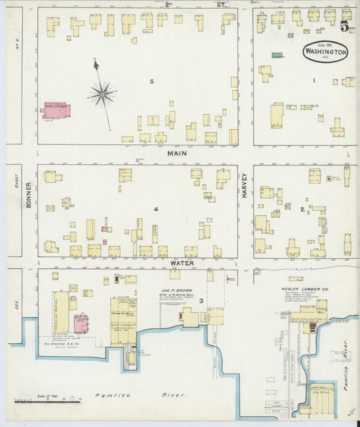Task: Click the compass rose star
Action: (102, 94)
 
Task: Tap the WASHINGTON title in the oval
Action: (327, 52)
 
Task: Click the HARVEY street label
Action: (245, 185)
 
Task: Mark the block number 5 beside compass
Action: (152, 82)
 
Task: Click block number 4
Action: (155, 209)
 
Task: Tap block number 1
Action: (313, 81)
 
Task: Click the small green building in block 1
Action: (277, 55)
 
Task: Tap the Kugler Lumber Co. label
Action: (305, 289)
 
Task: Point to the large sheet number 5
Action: (344, 28)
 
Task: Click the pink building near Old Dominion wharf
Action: (80, 324)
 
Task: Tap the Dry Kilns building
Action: (319, 390)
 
